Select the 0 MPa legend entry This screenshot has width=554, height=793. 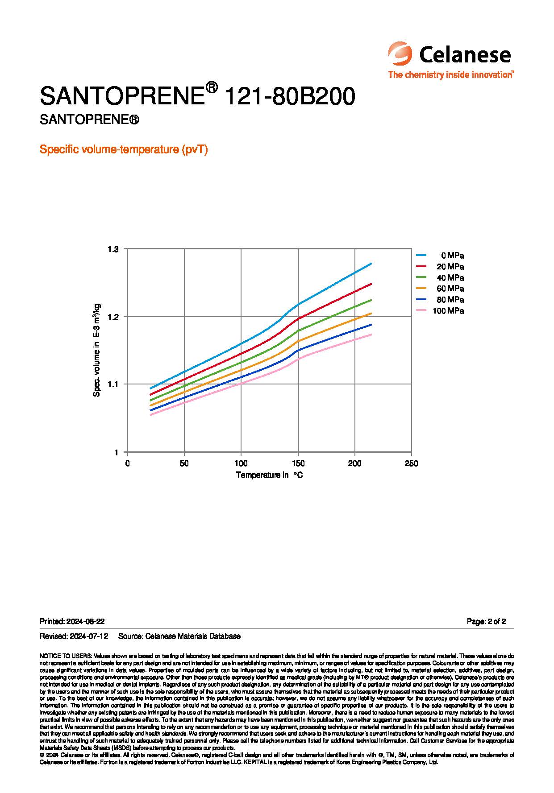[x=440, y=256]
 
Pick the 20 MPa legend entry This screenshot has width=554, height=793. [x=440, y=267]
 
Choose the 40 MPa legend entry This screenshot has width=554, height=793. [x=440, y=278]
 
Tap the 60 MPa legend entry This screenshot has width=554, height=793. [x=440, y=289]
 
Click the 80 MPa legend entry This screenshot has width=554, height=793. [x=440, y=300]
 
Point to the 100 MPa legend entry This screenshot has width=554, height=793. [x=440, y=311]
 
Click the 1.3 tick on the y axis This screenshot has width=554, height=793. [x=113, y=249]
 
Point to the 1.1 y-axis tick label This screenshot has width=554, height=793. [x=113, y=384]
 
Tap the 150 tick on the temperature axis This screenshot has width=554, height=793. [x=298, y=463]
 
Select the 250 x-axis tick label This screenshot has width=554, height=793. [x=411, y=463]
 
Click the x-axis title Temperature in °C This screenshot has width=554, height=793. [x=269, y=475]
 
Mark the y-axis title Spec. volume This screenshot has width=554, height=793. [x=97, y=350]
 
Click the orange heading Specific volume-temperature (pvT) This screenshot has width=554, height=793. [x=124, y=149]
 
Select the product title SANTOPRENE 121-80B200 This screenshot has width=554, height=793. [x=197, y=96]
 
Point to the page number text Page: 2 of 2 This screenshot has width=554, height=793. [x=486, y=621]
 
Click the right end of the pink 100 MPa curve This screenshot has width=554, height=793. [x=371, y=335]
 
